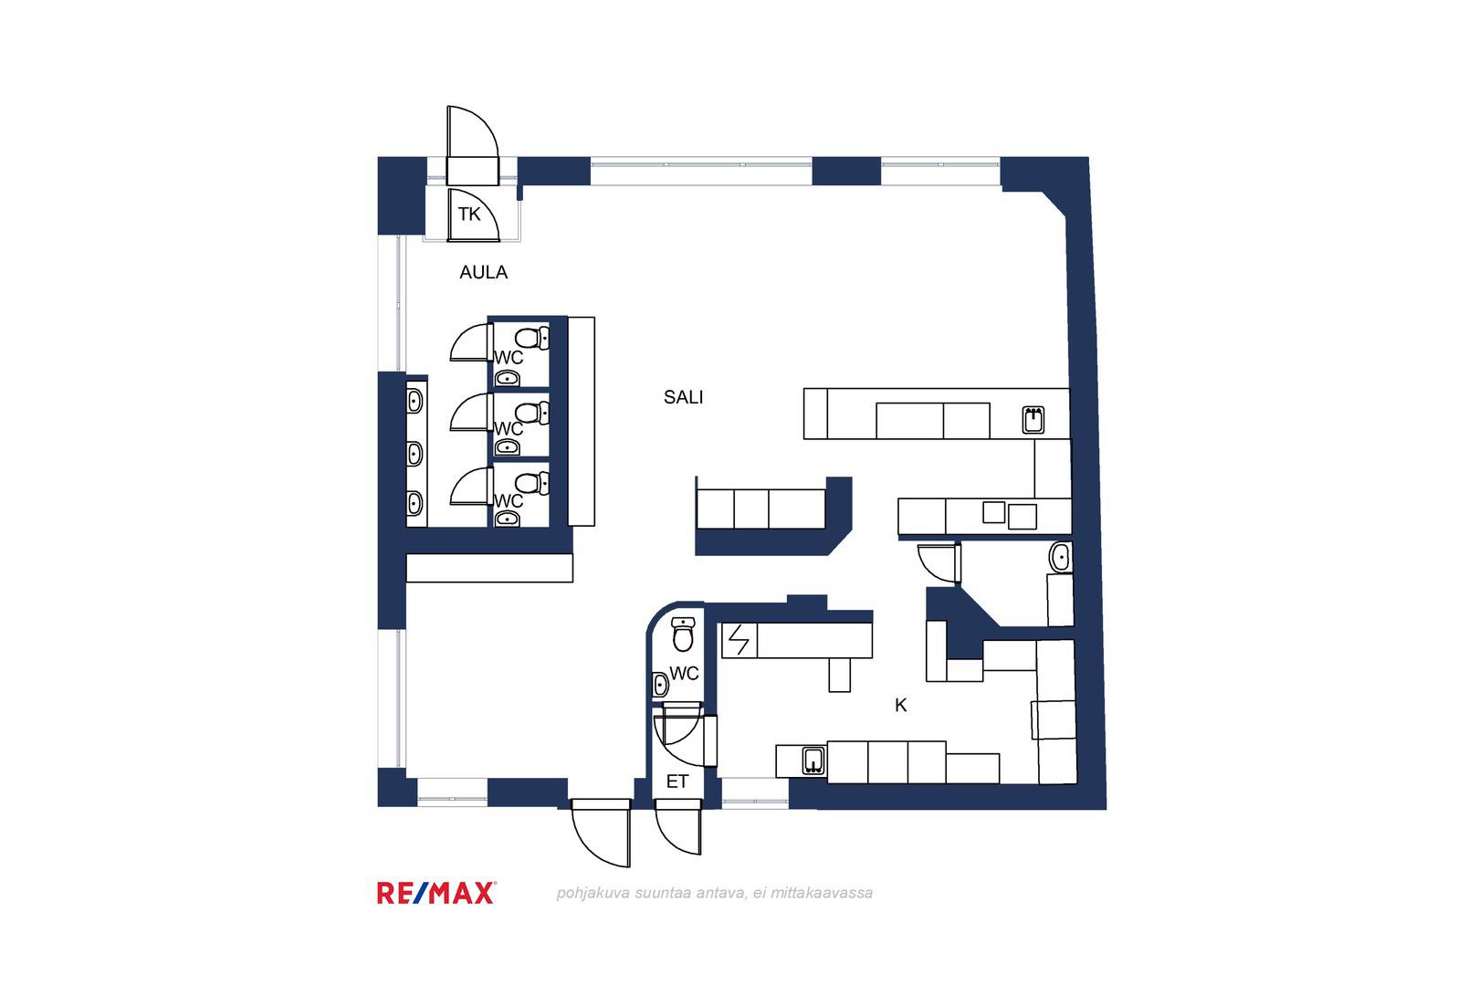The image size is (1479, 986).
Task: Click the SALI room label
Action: click(684, 397)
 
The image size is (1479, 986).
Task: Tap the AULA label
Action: click(483, 272)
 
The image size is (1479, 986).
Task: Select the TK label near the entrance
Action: click(469, 215)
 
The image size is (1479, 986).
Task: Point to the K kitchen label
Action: click(900, 706)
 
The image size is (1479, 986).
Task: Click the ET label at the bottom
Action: click(677, 781)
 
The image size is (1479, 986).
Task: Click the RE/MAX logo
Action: click(436, 893)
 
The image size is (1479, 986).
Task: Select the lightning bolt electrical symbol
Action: click(739, 640)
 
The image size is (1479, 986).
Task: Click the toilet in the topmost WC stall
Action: click(531, 338)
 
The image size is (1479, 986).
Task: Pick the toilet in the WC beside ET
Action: click(683, 634)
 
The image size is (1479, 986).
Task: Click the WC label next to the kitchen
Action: click(684, 674)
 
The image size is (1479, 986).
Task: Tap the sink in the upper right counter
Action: click(1033, 420)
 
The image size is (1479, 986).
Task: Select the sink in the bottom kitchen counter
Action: click(814, 760)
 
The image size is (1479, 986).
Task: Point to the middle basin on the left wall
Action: click(414, 454)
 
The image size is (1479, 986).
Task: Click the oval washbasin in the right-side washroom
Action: click(1060, 557)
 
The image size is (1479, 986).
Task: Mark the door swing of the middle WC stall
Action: click(471, 413)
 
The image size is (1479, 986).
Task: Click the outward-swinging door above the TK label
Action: click(472, 145)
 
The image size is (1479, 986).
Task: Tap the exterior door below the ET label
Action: click(678, 826)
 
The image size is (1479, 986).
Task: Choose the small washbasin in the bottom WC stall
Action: click(507, 519)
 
